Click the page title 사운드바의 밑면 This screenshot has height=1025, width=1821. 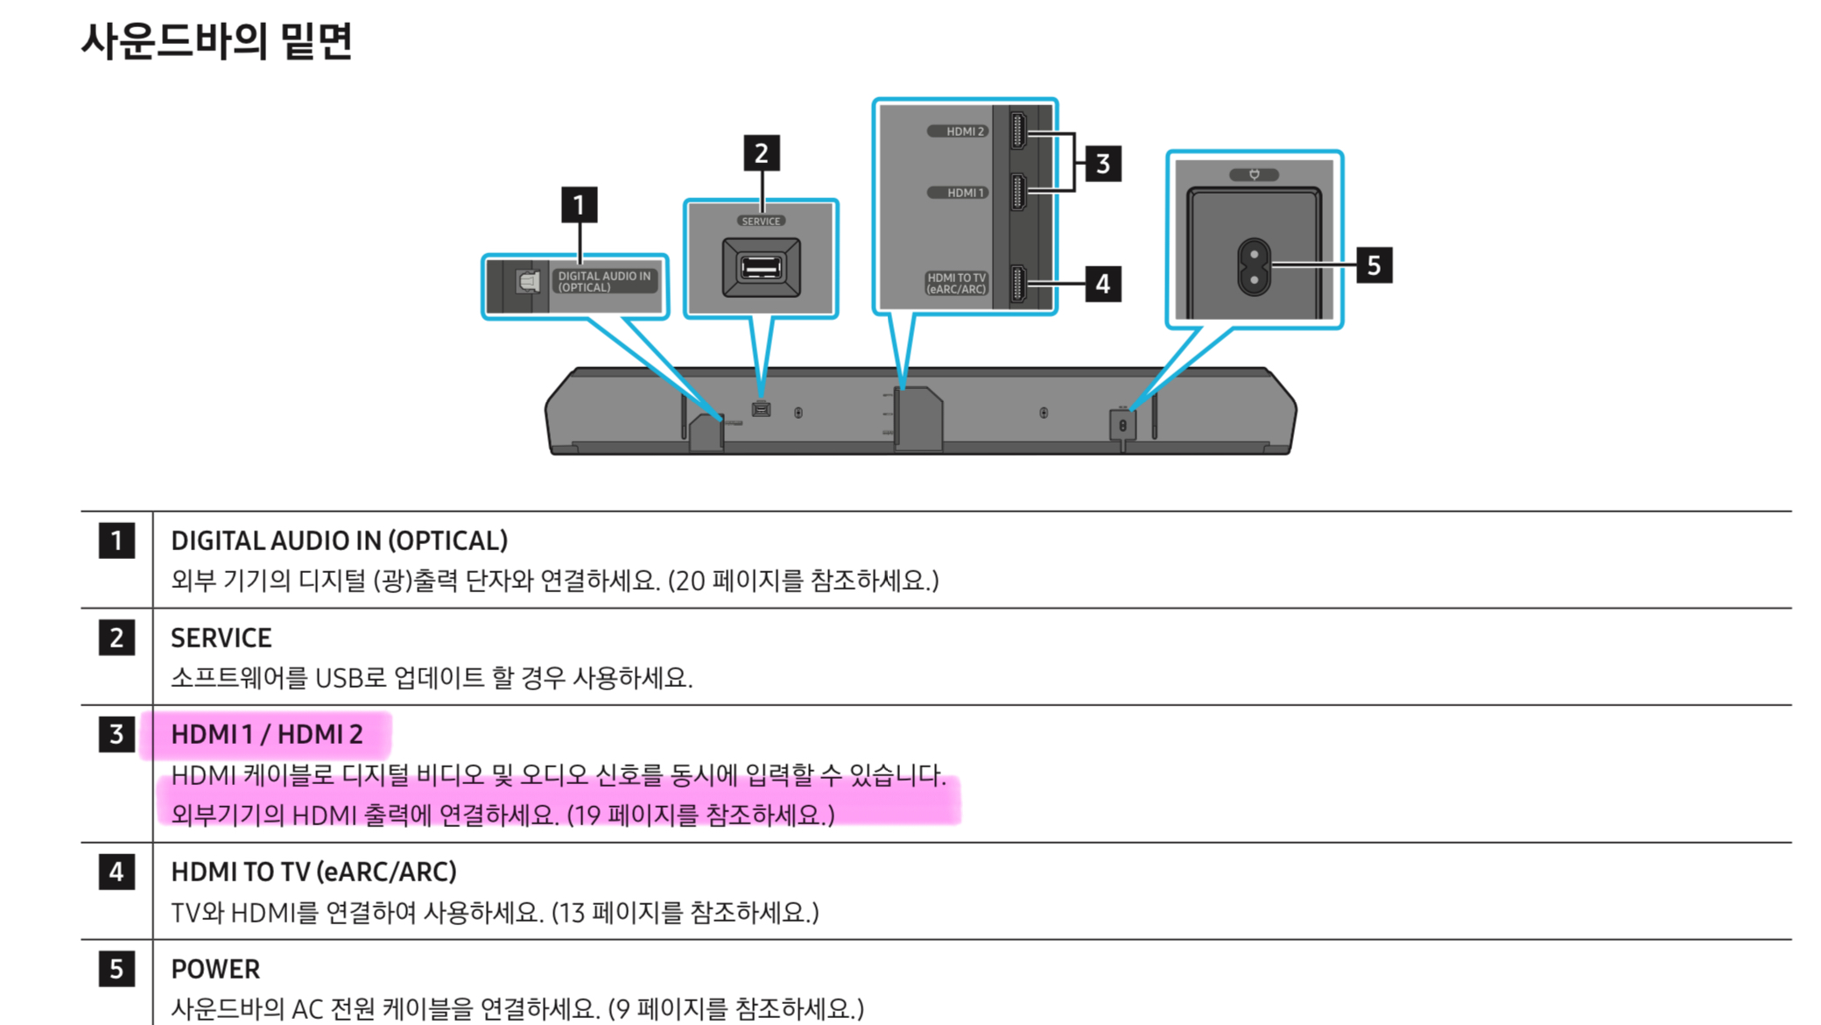(x=216, y=41)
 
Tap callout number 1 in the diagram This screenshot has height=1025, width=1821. (x=579, y=205)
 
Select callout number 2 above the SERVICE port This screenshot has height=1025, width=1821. (x=761, y=153)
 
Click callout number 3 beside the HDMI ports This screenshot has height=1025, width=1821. (x=1102, y=164)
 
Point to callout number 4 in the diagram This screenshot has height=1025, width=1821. (x=1102, y=284)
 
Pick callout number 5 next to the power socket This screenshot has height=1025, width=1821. (x=1373, y=265)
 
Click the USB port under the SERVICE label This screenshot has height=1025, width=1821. (x=761, y=267)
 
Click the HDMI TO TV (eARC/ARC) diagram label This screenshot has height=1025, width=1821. (x=956, y=283)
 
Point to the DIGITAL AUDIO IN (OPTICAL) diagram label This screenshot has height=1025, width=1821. (x=604, y=281)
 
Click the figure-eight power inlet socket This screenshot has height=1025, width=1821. (x=1254, y=267)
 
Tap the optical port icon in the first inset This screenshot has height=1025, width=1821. (x=528, y=281)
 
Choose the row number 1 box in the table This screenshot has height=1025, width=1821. (x=116, y=541)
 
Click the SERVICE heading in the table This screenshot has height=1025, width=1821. (x=221, y=638)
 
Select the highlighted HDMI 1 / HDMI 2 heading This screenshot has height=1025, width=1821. (x=266, y=734)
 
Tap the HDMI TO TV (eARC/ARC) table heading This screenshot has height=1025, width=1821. (x=313, y=872)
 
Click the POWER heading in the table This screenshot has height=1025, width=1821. (x=215, y=969)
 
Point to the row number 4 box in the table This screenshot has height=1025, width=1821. (x=116, y=872)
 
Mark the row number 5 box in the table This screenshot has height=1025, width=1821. (x=116, y=969)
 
